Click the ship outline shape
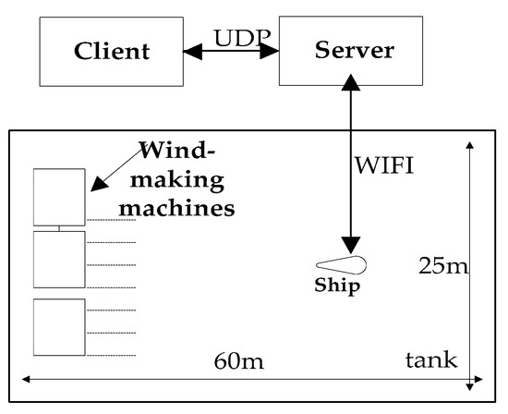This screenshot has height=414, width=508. [x=341, y=265]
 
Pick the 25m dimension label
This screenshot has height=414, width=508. [x=443, y=266]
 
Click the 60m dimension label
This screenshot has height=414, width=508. [x=238, y=360]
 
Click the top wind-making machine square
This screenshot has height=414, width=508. [x=59, y=197]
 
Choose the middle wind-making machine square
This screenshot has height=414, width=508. [x=59, y=259]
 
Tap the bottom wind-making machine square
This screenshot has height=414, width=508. [x=59, y=326]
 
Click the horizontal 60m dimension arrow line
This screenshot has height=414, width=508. [x=139, y=378]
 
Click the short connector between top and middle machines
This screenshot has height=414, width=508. [x=59, y=228]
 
